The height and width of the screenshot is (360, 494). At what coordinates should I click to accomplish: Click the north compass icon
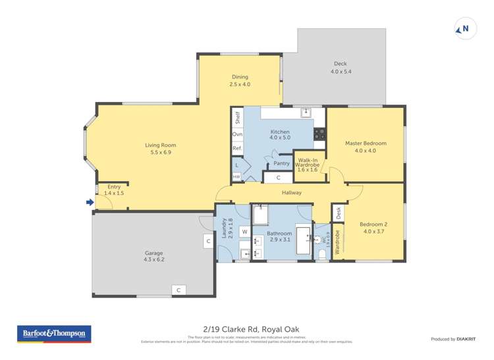click(464, 28)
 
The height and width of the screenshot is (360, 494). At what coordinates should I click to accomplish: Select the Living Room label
click(161, 145)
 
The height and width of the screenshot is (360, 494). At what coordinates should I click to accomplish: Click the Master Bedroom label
click(366, 143)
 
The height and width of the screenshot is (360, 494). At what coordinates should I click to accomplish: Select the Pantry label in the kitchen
click(281, 163)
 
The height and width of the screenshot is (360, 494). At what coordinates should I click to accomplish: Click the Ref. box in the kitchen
click(237, 149)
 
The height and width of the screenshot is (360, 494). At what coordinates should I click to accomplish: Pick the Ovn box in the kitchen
click(237, 134)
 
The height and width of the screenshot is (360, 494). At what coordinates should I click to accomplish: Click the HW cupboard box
click(236, 176)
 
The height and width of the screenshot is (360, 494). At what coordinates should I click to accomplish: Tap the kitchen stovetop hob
click(319, 134)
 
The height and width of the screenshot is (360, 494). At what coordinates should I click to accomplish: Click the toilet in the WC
click(321, 254)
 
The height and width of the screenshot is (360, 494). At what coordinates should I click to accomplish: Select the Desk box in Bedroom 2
click(339, 213)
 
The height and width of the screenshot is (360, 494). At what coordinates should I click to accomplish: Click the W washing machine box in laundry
click(244, 232)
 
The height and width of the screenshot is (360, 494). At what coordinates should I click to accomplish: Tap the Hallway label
click(291, 193)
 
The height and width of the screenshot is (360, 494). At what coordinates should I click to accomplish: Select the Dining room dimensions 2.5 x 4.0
click(240, 84)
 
